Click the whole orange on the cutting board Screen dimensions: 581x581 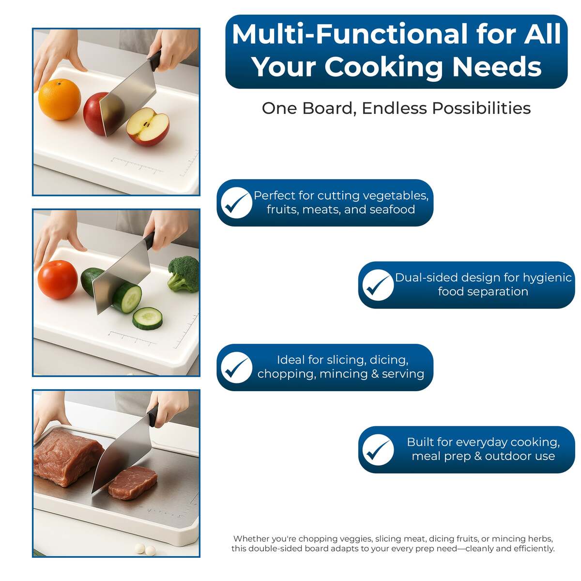point(60,100)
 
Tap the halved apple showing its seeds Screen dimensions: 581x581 point(148,127)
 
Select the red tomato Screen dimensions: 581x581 point(58,279)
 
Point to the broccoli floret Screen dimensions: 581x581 point(183,274)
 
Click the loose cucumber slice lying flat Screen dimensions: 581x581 point(148,318)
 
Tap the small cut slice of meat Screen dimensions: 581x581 point(133,482)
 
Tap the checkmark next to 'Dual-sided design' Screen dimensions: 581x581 point(378,285)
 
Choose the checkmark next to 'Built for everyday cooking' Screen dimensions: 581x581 point(378,449)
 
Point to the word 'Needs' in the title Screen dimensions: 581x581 point(497,66)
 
